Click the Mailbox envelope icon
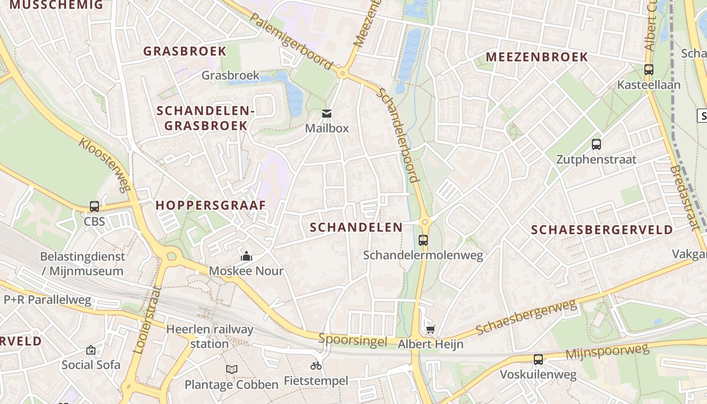(327, 114)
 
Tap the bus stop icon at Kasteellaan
(649, 70)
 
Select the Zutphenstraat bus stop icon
(596, 144)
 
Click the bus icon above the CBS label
(94, 206)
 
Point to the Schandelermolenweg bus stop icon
(423, 240)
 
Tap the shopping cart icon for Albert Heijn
(430, 330)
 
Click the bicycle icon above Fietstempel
(316, 366)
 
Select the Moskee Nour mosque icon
(246, 256)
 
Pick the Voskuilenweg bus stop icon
(538, 360)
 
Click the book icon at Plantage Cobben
(232, 370)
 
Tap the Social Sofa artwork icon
(91, 349)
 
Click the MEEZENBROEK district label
(537, 57)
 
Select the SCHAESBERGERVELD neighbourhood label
(602, 230)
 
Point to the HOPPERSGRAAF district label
(211, 206)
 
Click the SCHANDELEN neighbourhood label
(356, 227)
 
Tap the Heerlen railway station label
(210, 336)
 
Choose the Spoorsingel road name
(352, 340)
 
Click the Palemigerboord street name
(291, 42)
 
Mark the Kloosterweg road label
(104, 164)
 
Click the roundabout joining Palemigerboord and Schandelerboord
(342, 74)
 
